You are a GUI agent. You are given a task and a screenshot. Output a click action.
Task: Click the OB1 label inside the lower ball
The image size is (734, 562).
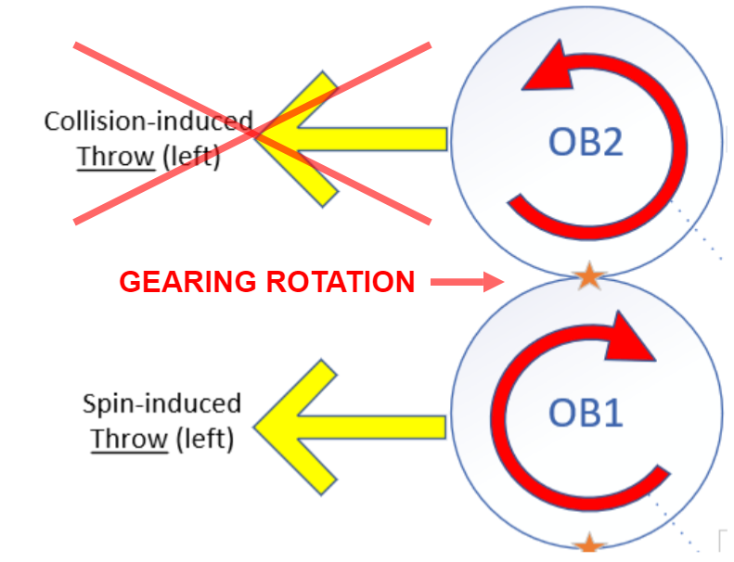tap(586, 412)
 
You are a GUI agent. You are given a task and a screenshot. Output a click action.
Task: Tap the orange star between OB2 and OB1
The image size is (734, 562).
tap(588, 275)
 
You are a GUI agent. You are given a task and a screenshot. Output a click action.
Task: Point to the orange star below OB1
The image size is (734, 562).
tap(588, 546)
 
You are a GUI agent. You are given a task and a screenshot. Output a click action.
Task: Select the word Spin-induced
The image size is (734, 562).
tap(161, 403)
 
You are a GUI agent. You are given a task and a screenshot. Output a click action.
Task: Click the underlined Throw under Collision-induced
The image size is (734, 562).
tap(115, 157)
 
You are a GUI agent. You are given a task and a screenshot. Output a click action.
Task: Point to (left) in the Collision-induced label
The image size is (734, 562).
tap(190, 157)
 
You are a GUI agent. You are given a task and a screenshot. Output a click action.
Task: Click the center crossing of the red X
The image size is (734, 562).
tap(252, 133)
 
